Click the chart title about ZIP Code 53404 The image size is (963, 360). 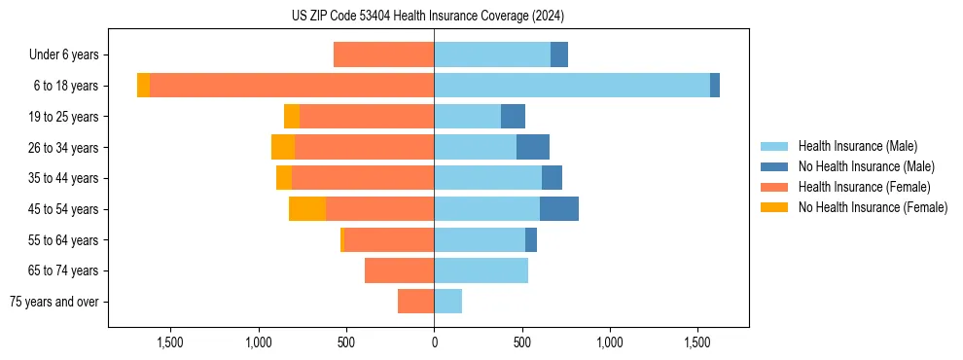click(x=428, y=16)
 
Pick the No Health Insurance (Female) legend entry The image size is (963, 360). click(x=873, y=207)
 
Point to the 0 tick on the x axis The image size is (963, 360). click(x=434, y=342)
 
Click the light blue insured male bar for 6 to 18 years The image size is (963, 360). click(x=572, y=86)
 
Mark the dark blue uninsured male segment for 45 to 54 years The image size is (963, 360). click(x=559, y=209)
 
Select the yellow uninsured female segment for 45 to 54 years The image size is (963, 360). click(x=307, y=209)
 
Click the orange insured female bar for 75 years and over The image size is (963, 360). click(x=416, y=302)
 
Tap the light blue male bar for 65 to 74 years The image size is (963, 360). click(x=481, y=270)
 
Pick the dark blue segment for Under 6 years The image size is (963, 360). click(x=559, y=55)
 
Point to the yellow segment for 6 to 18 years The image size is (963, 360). click(x=143, y=86)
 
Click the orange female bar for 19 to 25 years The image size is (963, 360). click(x=367, y=117)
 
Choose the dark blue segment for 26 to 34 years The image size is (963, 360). click(x=533, y=147)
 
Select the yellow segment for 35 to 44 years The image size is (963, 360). click(x=284, y=178)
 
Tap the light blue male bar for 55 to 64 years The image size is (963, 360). click(x=480, y=240)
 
